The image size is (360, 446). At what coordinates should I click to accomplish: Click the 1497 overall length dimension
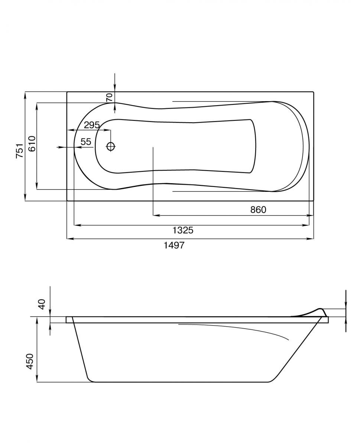point(174,245)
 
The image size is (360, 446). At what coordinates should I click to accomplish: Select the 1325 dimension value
point(183,230)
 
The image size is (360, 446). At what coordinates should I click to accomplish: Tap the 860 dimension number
point(258,210)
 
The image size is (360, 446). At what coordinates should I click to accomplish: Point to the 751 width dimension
point(19,151)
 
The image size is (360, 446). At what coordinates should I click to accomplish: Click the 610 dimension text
point(32,144)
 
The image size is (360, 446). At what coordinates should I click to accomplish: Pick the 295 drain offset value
point(92,125)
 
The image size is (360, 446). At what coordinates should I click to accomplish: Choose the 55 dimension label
point(86,142)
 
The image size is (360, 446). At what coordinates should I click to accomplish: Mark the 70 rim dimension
point(109,98)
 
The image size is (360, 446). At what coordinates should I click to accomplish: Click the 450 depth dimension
point(30,362)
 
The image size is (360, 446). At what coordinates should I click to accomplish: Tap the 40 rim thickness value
point(42,304)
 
